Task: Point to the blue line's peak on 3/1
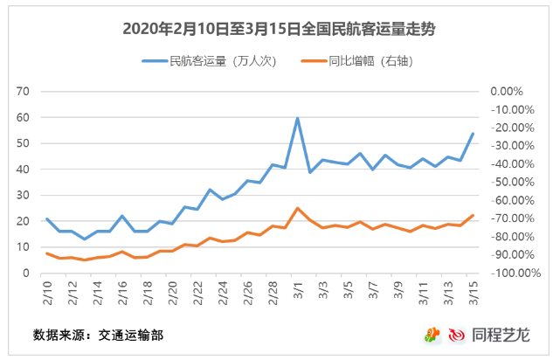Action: click(298, 118)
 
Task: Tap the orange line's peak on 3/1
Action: click(298, 208)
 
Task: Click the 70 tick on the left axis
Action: click(24, 91)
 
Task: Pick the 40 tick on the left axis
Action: click(24, 170)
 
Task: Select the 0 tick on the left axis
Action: click(27, 273)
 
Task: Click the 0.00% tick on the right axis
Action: click(506, 91)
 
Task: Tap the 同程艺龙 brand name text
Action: click(506, 334)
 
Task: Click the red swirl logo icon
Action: click(457, 334)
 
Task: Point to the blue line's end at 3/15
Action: click(473, 134)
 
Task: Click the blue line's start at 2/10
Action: click(46, 219)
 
